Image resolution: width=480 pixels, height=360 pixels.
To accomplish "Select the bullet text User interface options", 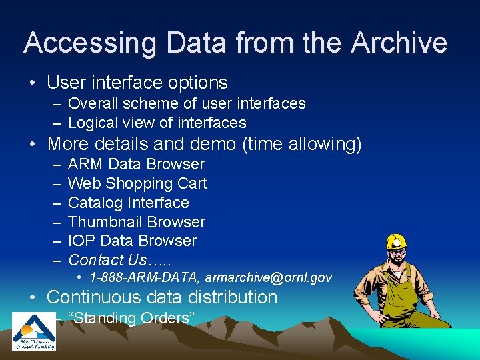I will [x=137, y=83].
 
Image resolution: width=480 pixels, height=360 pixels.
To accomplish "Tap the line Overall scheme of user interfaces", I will [x=187, y=103].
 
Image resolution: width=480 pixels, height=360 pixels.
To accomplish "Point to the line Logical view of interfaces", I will [x=157, y=123].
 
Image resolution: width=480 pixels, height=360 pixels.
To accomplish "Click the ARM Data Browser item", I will [x=136, y=164].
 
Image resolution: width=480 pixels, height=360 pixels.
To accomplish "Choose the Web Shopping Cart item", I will [x=137, y=183].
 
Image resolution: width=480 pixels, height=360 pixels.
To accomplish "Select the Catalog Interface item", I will [x=128, y=203].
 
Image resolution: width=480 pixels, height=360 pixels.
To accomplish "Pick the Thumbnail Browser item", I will [x=136, y=222].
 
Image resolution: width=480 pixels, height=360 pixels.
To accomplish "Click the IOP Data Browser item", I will [x=132, y=241].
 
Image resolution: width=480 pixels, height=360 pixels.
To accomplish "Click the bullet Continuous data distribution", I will [x=162, y=297].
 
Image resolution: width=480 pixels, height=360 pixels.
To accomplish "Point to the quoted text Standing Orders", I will [x=131, y=318].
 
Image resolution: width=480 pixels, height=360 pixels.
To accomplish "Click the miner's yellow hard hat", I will [x=396, y=242].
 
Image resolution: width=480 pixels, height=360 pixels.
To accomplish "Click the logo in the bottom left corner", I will [x=35, y=331].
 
